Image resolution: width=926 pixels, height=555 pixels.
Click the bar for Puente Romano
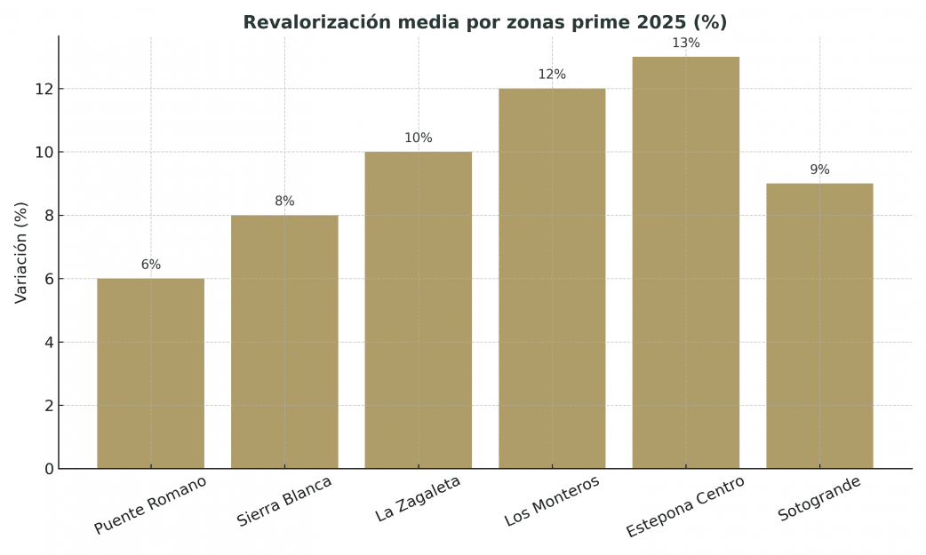coord(150,373)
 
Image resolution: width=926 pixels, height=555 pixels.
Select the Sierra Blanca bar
coord(284,342)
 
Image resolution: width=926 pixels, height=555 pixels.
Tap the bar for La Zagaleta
coord(418,310)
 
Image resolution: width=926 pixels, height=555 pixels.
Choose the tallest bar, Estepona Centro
coord(685,263)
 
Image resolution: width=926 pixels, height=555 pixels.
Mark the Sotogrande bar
coord(819,326)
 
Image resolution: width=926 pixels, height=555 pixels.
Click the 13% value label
coord(685,44)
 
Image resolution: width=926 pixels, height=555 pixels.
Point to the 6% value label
coord(150,265)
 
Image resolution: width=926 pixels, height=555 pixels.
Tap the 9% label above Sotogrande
coord(819,170)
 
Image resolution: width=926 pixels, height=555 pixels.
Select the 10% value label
coord(418,139)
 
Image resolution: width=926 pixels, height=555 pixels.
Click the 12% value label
coord(552,75)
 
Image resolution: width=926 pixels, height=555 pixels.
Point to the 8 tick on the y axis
coord(50,216)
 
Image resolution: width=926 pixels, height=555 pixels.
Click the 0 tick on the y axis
coord(50,469)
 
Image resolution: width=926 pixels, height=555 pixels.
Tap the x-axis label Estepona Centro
coord(685,507)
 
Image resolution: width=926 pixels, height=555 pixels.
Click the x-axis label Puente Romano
coord(150,505)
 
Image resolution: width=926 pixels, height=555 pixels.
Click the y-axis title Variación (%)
coord(21,252)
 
